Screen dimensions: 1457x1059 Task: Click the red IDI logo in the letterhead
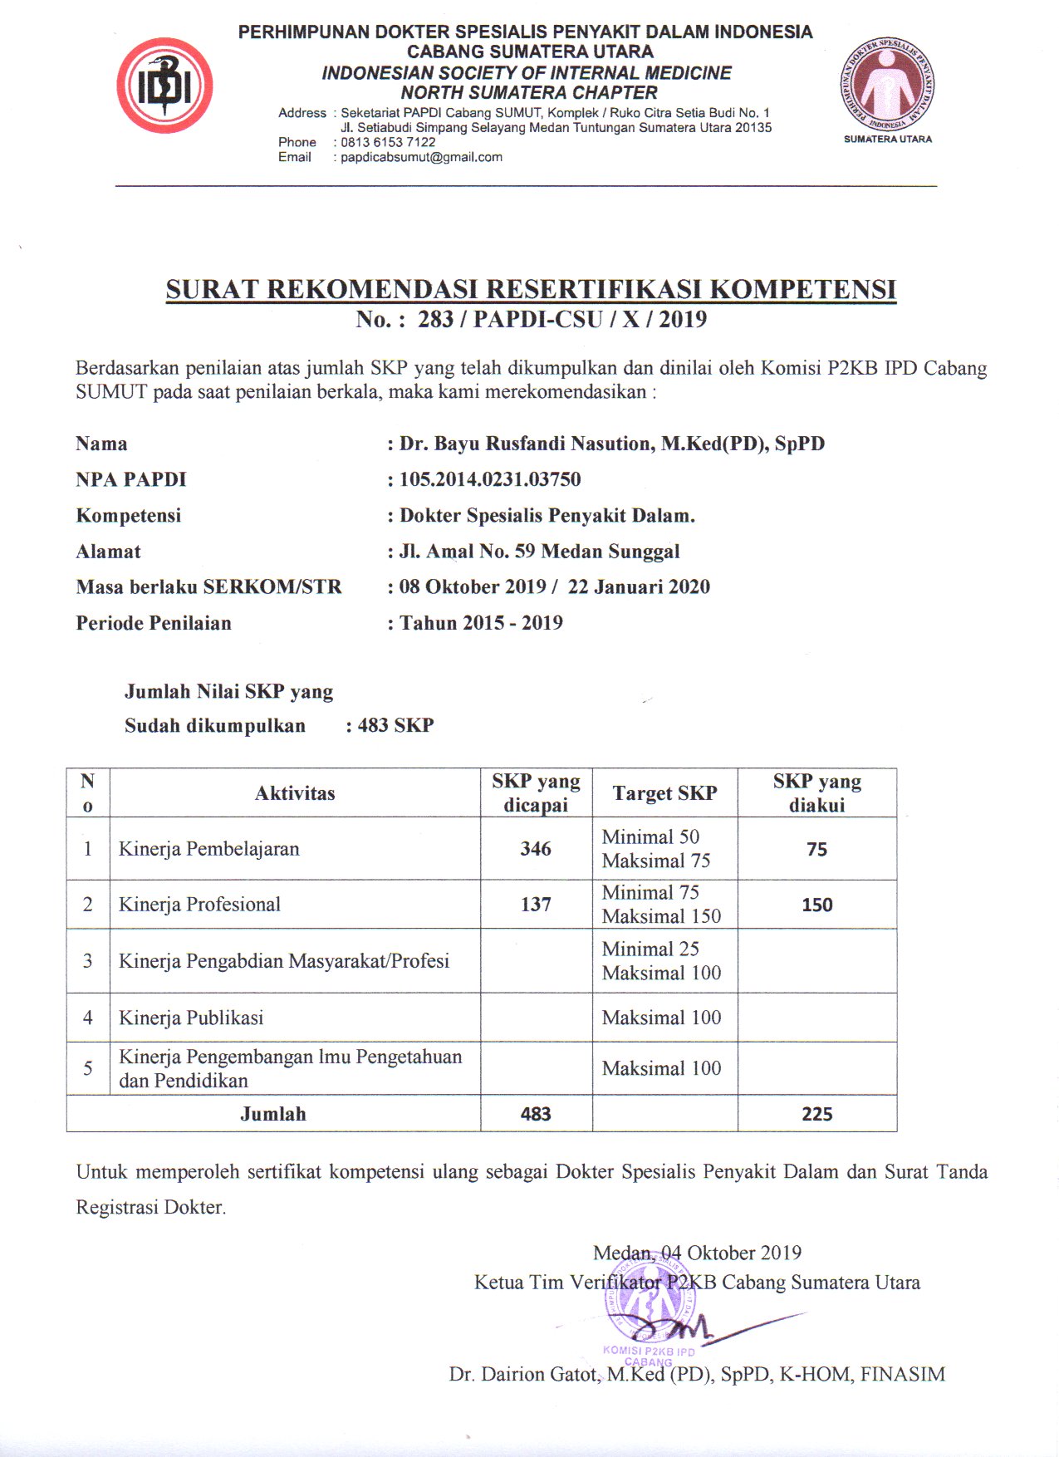164,86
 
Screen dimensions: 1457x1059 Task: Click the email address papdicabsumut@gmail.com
421,157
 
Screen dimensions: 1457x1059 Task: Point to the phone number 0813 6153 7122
388,142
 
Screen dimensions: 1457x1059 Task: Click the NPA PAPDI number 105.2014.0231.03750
490,479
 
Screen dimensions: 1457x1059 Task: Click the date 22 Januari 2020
639,587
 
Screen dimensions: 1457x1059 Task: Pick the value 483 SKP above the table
395,725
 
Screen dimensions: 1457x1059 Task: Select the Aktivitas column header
295,793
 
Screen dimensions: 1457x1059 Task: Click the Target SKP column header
664,793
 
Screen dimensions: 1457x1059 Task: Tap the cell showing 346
536,849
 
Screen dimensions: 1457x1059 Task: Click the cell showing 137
536,905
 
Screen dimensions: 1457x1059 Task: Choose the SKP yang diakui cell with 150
816,905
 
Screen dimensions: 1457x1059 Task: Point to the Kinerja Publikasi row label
191,1018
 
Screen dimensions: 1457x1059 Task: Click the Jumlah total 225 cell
816,1114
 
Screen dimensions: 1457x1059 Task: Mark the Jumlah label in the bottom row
273,1114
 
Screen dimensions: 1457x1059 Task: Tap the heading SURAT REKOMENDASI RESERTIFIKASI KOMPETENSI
531,289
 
